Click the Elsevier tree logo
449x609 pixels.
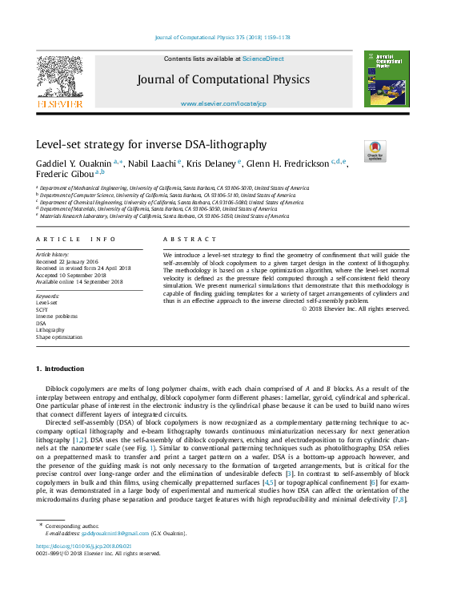(x=59, y=79)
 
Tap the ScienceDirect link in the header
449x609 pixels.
(x=263, y=58)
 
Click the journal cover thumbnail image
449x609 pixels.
(x=386, y=79)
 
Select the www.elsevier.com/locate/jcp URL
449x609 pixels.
(x=223, y=103)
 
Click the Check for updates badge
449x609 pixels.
(x=375, y=151)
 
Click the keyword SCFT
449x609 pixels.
(x=42, y=309)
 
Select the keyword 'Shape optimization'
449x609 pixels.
(x=58, y=337)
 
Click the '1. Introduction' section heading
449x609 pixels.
(x=60, y=369)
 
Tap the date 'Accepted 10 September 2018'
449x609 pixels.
(x=70, y=275)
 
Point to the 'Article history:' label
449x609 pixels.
(x=53, y=254)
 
